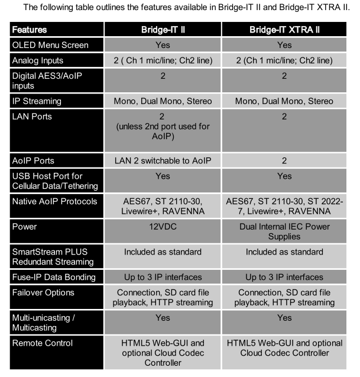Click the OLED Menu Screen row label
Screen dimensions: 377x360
(x=50, y=45)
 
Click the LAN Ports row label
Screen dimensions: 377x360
(x=33, y=117)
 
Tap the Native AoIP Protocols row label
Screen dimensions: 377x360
(x=54, y=203)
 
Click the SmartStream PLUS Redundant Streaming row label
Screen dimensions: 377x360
(x=53, y=256)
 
